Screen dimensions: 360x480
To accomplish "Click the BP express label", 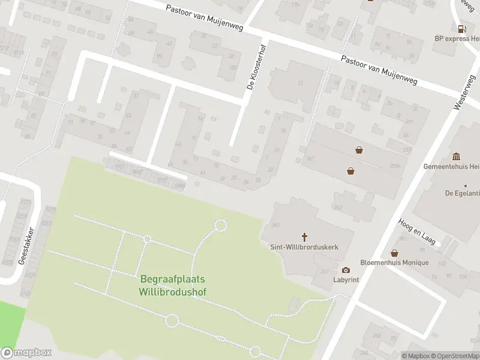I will point(457,38).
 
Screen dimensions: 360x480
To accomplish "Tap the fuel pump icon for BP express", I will point(461,28).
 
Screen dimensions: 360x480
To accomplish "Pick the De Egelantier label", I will point(461,193).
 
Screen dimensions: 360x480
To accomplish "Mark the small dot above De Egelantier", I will point(465,185).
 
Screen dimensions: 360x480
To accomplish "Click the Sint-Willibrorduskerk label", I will point(304,247).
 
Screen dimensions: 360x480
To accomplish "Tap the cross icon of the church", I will point(304,237).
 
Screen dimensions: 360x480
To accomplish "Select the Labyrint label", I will point(346,280).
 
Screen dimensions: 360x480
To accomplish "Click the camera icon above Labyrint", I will point(346,271).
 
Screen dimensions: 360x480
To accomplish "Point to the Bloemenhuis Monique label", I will point(394,263).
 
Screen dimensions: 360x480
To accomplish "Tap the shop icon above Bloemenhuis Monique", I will point(394,253).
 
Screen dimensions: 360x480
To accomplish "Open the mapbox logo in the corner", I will point(26,353).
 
